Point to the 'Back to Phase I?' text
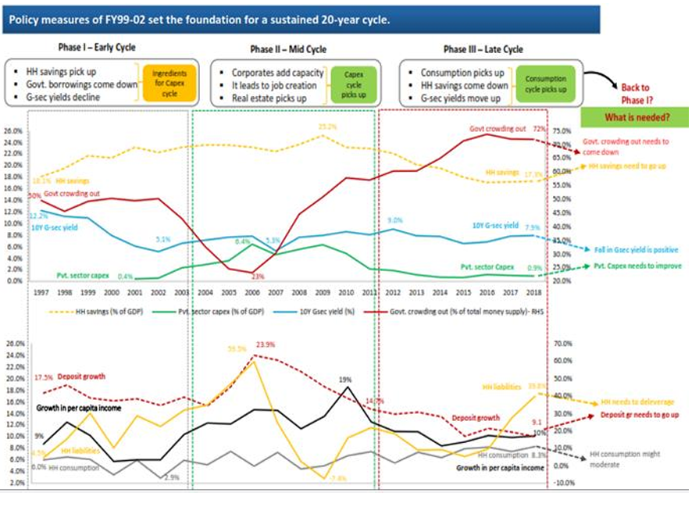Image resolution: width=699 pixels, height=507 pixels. (635, 94)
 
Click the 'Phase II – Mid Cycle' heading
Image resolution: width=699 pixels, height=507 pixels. (288, 49)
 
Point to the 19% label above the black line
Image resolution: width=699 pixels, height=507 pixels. (345, 379)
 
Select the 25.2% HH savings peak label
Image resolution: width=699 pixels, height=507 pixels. (327, 126)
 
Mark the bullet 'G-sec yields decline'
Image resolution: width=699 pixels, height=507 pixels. (74, 98)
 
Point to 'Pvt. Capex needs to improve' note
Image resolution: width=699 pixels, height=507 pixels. (638, 266)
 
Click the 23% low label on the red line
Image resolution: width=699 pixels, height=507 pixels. (255, 275)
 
